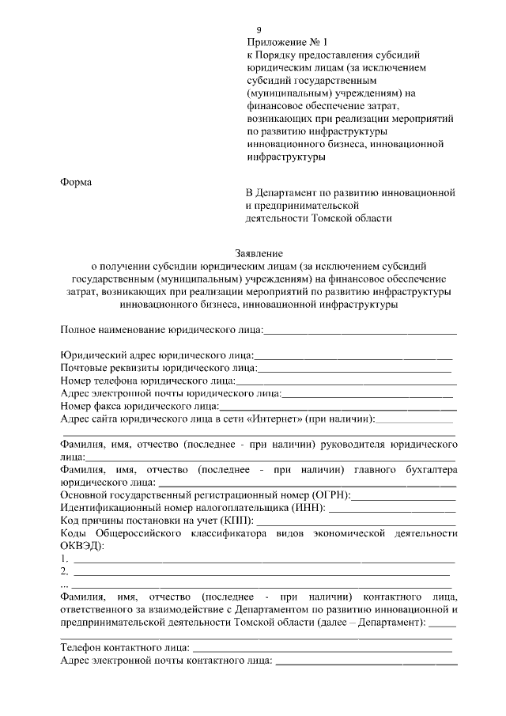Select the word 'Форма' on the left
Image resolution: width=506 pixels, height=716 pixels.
pos(77,183)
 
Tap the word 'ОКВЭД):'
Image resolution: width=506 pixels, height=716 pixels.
pos(82,546)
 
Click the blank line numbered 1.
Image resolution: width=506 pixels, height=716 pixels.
pos(262,559)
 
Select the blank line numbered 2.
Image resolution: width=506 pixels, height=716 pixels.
pos(262,572)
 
